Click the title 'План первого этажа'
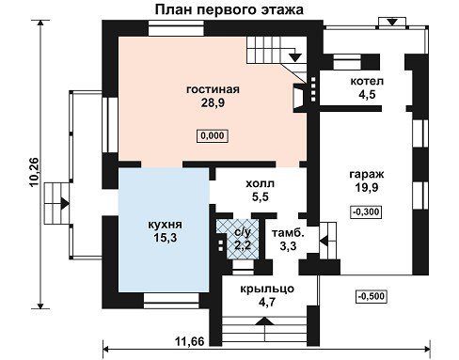tap(229, 10)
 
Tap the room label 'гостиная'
tap(213, 89)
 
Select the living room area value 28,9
tap(213, 102)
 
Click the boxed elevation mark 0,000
tap(213, 135)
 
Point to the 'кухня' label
tap(165, 225)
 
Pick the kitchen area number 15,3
tap(165, 238)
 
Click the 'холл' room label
tap(260, 183)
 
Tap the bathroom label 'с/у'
tap(243, 232)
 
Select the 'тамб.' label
tap(288, 233)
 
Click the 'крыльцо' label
tap(267, 289)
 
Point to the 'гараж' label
tap(367, 174)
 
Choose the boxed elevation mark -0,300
tap(366, 211)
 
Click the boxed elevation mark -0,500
tap(372, 296)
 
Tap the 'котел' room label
tap(367, 81)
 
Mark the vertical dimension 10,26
tap(34, 172)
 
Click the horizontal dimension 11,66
tap(189, 341)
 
